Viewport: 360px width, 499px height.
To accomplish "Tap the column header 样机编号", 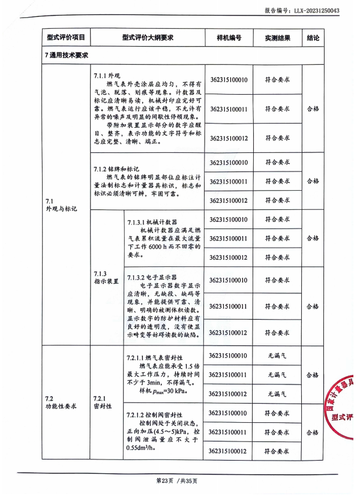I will click(x=229, y=38).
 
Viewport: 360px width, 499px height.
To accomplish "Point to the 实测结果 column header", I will click(x=277, y=38).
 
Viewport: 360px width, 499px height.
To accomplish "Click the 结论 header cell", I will click(x=313, y=38).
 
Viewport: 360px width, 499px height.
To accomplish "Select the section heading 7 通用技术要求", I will click(x=67, y=55).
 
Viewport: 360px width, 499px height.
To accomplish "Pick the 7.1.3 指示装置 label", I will click(x=107, y=277).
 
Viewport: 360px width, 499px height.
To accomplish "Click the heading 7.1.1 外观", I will click(x=108, y=76).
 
